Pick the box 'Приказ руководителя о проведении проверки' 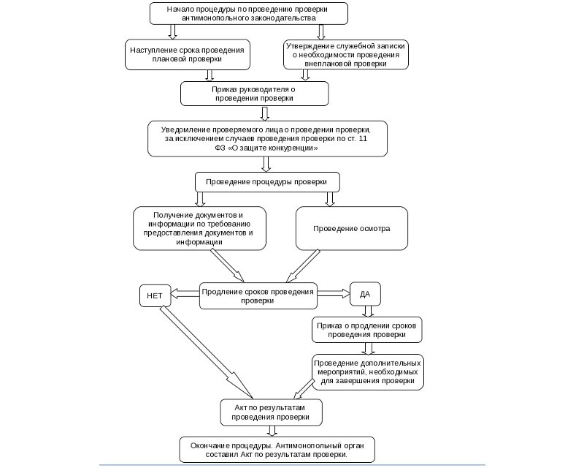255,94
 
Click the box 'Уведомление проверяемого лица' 266,137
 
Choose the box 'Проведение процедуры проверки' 266,181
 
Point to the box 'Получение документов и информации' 199,228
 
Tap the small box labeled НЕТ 154,296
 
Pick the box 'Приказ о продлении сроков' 368,330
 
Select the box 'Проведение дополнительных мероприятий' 367,372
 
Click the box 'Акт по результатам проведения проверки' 271,412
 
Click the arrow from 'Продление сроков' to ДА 334,293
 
